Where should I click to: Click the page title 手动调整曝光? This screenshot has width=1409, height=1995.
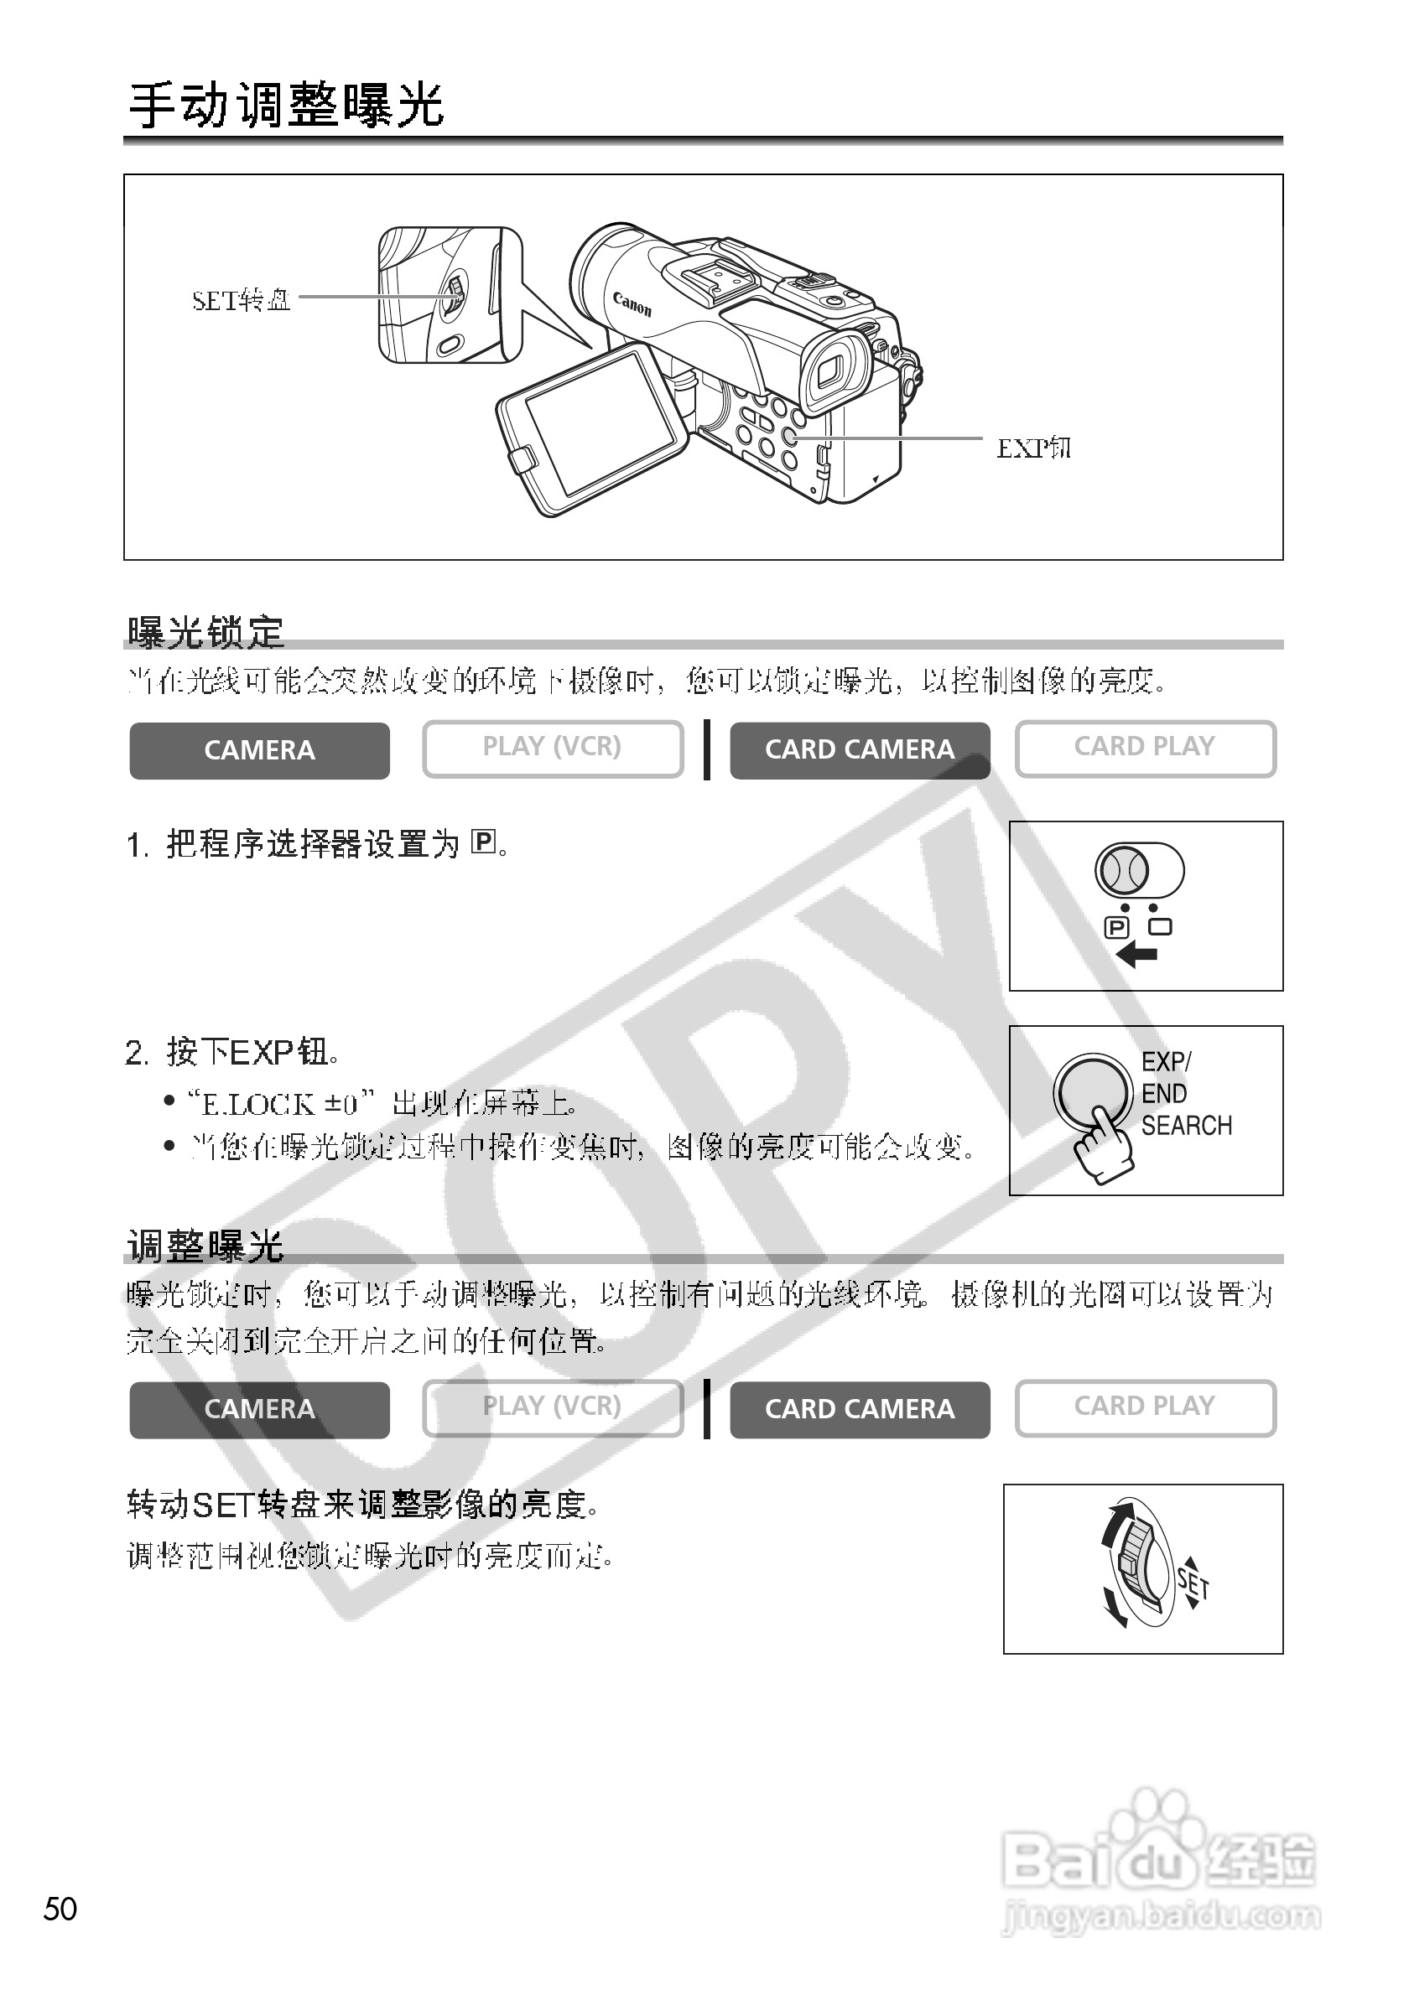coord(286,107)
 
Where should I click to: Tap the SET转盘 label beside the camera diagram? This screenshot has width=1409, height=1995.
coord(241,301)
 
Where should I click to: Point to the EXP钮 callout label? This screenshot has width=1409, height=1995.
coord(1032,448)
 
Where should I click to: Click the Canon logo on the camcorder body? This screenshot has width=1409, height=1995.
coord(632,304)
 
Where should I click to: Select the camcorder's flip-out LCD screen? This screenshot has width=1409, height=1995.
coord(600,421)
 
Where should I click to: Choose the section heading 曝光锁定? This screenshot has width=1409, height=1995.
coord(205,632)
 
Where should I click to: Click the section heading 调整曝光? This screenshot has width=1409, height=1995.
coord(205,1246)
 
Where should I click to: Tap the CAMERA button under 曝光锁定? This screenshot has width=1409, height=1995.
coord(259,750)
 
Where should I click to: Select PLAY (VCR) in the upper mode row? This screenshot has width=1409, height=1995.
coord(552,747)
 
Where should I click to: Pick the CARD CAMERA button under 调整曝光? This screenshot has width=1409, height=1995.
coord(859,1408)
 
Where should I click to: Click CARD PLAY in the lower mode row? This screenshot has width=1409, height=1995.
coord(1144,1406)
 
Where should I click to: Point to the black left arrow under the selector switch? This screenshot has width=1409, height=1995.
coord(1136,956)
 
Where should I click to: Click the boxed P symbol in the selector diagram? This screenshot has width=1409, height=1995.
coord(1115,928)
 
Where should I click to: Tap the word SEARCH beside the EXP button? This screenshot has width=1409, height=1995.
coord(1187,1126)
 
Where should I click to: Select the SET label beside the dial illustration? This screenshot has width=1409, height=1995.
coord(1193,1583)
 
